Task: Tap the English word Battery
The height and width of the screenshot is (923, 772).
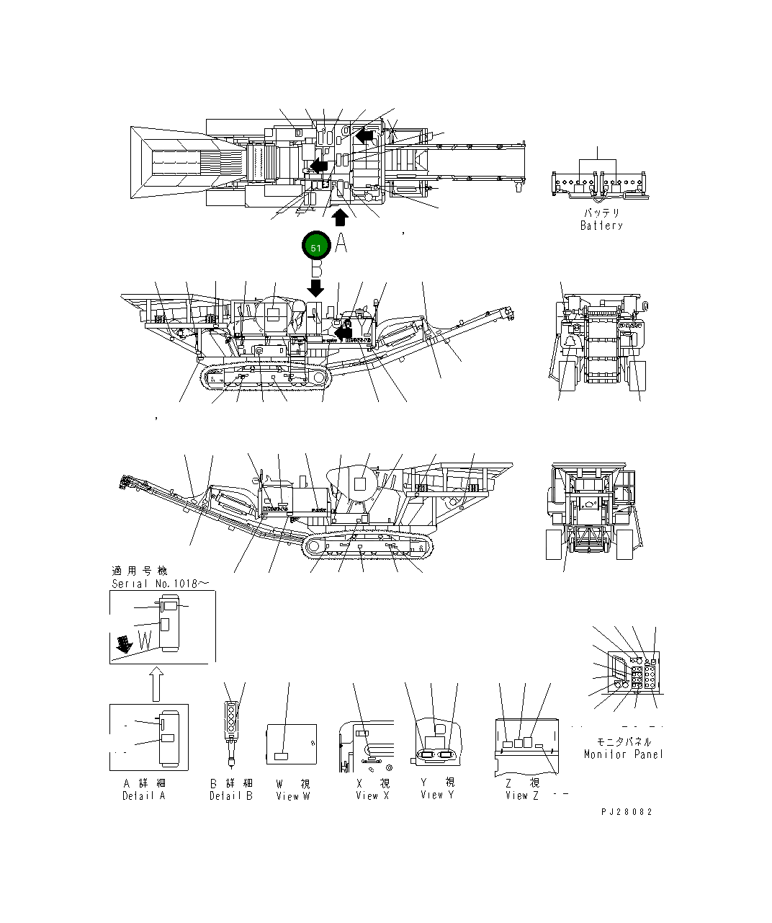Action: point(601,226)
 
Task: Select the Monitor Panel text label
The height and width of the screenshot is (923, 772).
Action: point(623,754)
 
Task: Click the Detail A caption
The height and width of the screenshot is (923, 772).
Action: point(144,795)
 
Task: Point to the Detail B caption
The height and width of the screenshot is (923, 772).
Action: point(231,795)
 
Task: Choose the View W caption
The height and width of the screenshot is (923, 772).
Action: point(293,795)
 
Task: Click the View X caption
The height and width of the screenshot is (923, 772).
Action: point(372,795)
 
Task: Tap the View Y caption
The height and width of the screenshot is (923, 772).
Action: point(438,795)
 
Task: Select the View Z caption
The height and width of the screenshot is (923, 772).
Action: point(522,795)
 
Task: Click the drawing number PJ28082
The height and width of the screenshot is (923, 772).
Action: point(627,811)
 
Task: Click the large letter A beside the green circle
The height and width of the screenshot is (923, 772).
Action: point(341,244)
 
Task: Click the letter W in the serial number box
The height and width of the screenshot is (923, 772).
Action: point(144,639)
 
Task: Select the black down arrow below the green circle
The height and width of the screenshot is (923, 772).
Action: point(315,287)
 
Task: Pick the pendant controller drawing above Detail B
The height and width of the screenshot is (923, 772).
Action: point(231,728)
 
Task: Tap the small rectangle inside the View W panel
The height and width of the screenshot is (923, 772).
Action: point(282,755)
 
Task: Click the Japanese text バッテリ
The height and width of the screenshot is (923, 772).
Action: point(601,213)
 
